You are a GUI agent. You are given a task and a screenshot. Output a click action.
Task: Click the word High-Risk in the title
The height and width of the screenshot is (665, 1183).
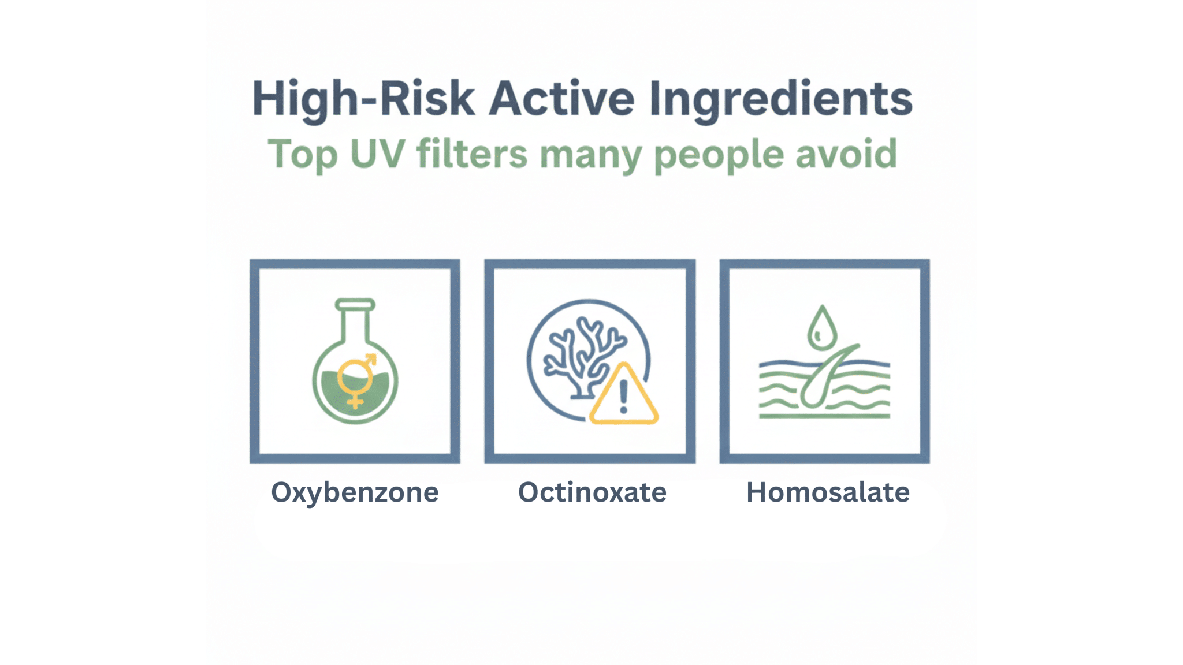coord(363,99)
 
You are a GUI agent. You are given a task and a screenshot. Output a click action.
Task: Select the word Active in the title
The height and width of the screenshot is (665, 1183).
coord(561,99)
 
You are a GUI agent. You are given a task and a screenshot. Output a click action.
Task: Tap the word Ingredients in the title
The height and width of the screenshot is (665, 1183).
coord(780,99)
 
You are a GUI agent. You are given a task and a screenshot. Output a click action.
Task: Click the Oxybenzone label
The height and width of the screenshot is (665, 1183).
coord(355,492)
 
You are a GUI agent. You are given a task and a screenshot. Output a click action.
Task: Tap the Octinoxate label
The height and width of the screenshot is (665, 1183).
coord(592,492)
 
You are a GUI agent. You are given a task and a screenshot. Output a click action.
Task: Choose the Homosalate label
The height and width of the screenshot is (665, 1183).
coord(828,492)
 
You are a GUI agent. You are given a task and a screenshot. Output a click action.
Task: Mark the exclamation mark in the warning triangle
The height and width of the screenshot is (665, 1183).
coord(623,395)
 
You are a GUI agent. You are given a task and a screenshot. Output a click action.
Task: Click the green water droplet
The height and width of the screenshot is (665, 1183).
coord(821,328)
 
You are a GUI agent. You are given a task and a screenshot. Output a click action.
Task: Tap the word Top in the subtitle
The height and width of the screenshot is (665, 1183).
coord(302,155)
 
